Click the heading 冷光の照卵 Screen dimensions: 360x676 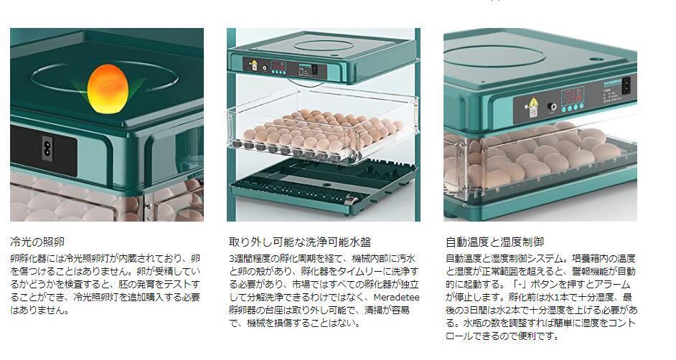click(x=42, y=242)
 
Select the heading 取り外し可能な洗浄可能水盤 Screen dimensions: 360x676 click(x=299, y=242)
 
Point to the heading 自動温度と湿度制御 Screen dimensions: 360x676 click(x=494, y=242)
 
